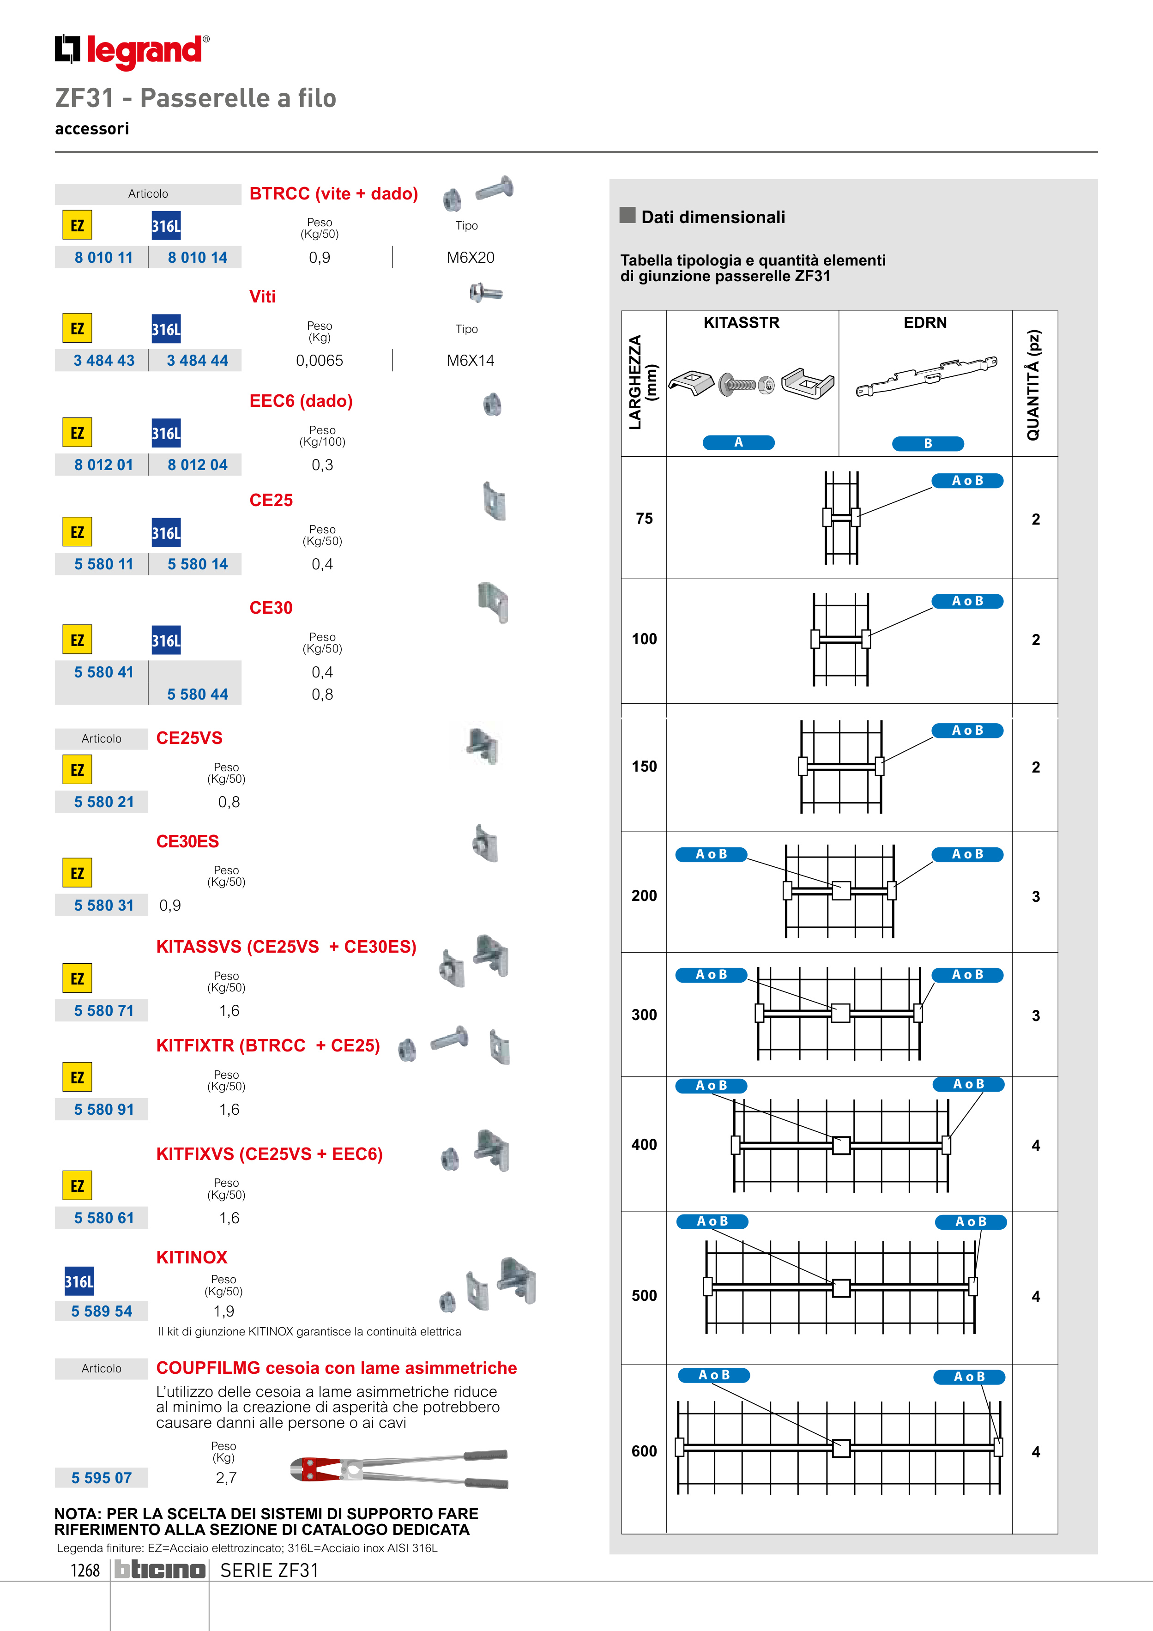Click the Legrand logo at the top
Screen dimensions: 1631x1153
click(x=132, y=51)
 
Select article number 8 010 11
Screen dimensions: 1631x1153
click(x=104, y=257)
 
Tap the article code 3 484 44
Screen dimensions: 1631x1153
click(x=198, y=360)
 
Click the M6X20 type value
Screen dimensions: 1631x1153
click(x=470, y=257)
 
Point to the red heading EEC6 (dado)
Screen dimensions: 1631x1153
click(x=301, y=401)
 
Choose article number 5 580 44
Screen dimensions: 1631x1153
click(x=198, y=694)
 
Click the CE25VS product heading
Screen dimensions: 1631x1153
click(x=189, y=738)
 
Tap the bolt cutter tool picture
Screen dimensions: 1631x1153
click(x=399, y=1468)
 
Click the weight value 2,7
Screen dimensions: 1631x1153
click(x=226, y=1478)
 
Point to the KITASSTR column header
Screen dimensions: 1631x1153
click(x=741, y=322)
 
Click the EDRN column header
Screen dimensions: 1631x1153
click(x=925, y=322)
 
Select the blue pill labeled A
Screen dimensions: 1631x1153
click(x=738, y=442)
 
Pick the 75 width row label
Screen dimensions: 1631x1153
click(x=644, y=519)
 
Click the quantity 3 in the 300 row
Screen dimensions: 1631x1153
click(x=1035, y=1016)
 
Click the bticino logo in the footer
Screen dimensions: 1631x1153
click(x=160, y=1570)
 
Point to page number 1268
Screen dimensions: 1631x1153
click(x=85, y=1571)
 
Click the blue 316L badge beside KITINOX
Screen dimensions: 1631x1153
click(x=79, y=1281)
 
